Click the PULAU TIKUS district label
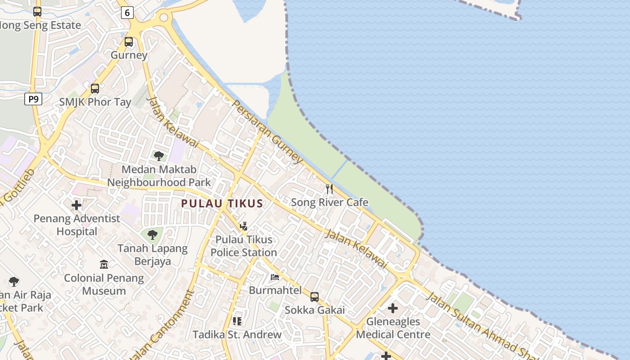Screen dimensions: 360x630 pyautogui.click(x=222, y=203)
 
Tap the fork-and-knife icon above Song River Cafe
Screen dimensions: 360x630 pyautogui.click(x=329, y=189)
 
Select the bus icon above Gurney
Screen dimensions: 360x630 pyautogui.click(x=129, y=42)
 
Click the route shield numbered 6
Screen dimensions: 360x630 pyautogui.click(x=127, y=13)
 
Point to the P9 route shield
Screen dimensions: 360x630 pyautogui.click(x=33, y=99)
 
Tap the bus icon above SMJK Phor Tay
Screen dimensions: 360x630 pyautogui.click(x=95, y=89)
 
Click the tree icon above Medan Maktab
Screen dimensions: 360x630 pyautogui.click(x=159, y=156)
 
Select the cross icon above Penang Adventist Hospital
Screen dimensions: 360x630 pyautogui.click(x=76, y=205)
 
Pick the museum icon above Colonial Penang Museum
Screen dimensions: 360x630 pyautogui.click(x=104, y=264)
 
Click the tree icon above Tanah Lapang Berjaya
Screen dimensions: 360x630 pyautogui.click(x=153, y=234)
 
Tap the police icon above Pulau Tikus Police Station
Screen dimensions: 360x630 pyautogui.click(x=243, y=226)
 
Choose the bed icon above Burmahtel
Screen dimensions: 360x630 pyautogui.click(x=275, y=277)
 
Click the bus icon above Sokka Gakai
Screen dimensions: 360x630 pyautogui.click(x=315, y=297)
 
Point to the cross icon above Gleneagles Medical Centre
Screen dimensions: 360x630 pyautogui.click(x=393, y=308)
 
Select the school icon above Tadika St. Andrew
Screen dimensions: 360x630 pyautogui.click(x=237, y=321)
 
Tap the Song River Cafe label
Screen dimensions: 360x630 pyautogui.click(x=329, y=202)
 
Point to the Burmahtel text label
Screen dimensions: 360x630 pyautogui.click(x=275, y=290)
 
